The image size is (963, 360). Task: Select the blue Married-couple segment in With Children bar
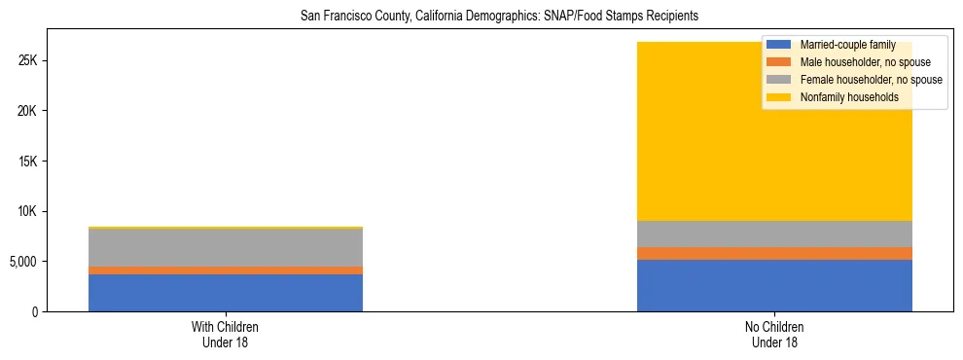coord(226,293)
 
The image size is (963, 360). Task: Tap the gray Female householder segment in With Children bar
coord(226,248)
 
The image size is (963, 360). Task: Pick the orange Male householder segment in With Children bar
coord(226,270)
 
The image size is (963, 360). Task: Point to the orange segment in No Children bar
coord(774,254)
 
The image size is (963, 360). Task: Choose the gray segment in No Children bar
coord(774,234)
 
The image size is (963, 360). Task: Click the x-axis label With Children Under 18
coord(226,335)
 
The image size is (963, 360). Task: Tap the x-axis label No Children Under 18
coord(774,335)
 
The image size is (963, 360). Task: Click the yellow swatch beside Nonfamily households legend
coord(779,97)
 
